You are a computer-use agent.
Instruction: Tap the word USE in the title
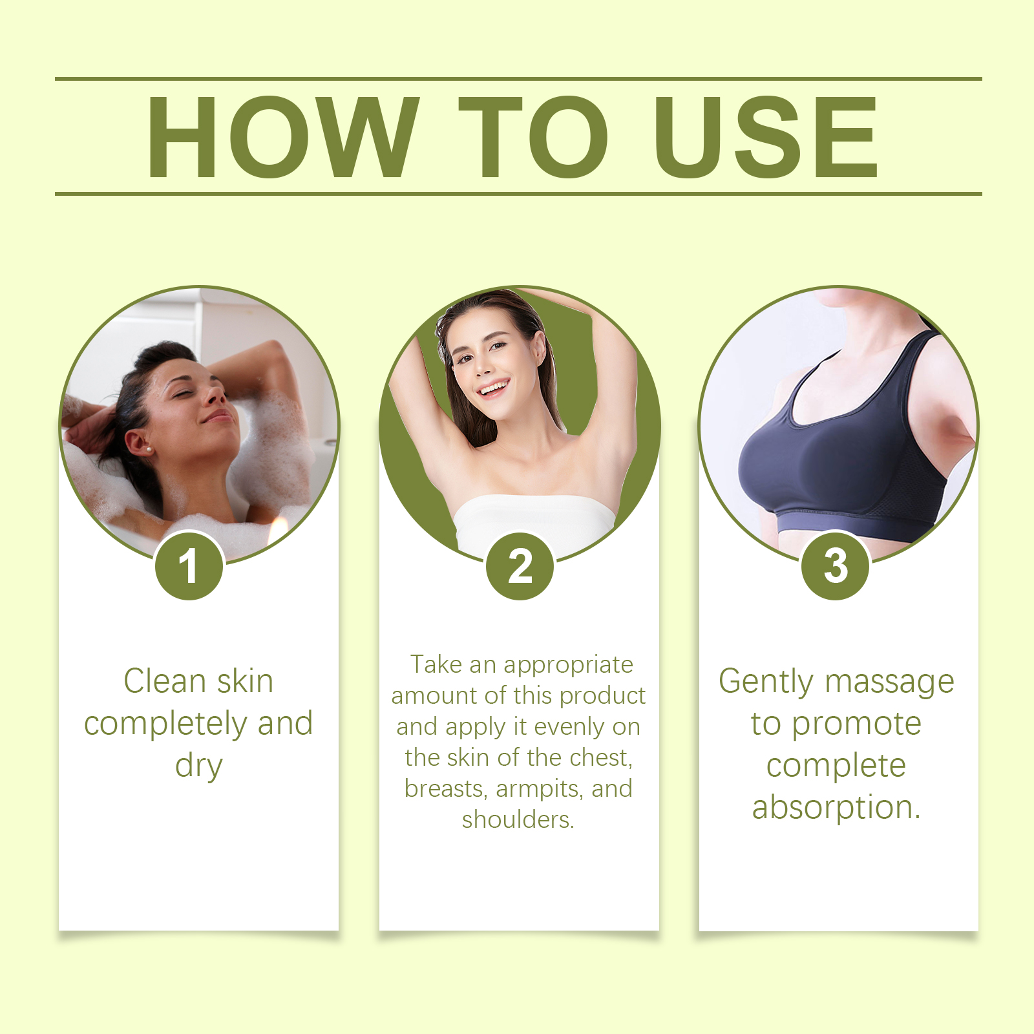pos(766,136)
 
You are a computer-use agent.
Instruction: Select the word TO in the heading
pos(533,136)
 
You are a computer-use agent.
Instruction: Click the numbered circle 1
pos(189,566)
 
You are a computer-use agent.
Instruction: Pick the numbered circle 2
pos(520,566)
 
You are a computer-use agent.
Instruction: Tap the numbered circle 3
pos(836,565)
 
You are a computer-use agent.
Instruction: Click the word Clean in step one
pos(165,681)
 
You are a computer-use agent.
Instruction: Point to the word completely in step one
pos(166,724)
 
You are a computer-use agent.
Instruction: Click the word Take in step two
pos(436,664)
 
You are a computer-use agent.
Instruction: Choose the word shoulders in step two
pos(518,819)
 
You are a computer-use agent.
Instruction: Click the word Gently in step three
pos(766,682)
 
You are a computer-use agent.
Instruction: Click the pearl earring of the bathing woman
pos(149,448)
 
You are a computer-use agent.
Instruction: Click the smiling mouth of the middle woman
pos(494,388)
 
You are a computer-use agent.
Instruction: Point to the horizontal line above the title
pos(518,79)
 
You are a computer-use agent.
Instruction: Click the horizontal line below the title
pos(518,193)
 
